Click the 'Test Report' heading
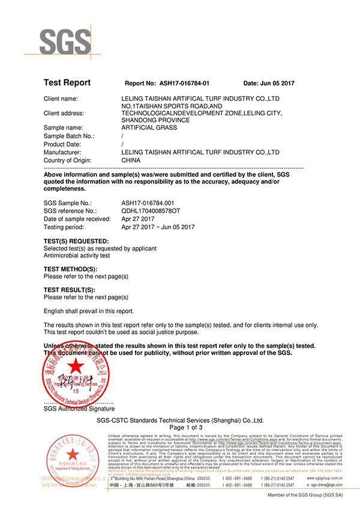point(67,83)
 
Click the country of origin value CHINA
point(131,160)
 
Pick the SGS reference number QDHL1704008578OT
point(151,212)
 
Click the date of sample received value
point(136,220)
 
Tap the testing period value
point(158,227)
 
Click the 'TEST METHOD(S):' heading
point(70,269)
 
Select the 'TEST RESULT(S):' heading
point(70,290)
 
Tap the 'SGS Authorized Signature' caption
point(79,408)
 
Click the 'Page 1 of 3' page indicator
point(180,427)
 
